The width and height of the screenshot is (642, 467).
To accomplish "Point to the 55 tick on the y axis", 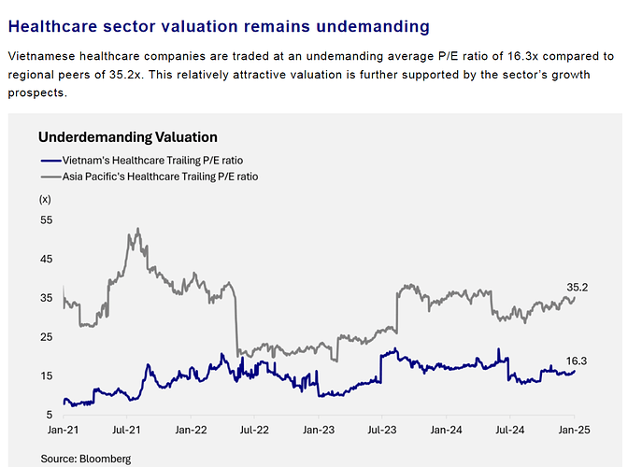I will click(x=46, y=219).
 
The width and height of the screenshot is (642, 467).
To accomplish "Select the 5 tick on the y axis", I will click(x=49, y=416).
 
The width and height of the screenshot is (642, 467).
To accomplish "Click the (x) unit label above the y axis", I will click(x=46, y=199).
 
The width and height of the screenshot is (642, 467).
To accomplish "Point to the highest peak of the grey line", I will click(x=137, y=229).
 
